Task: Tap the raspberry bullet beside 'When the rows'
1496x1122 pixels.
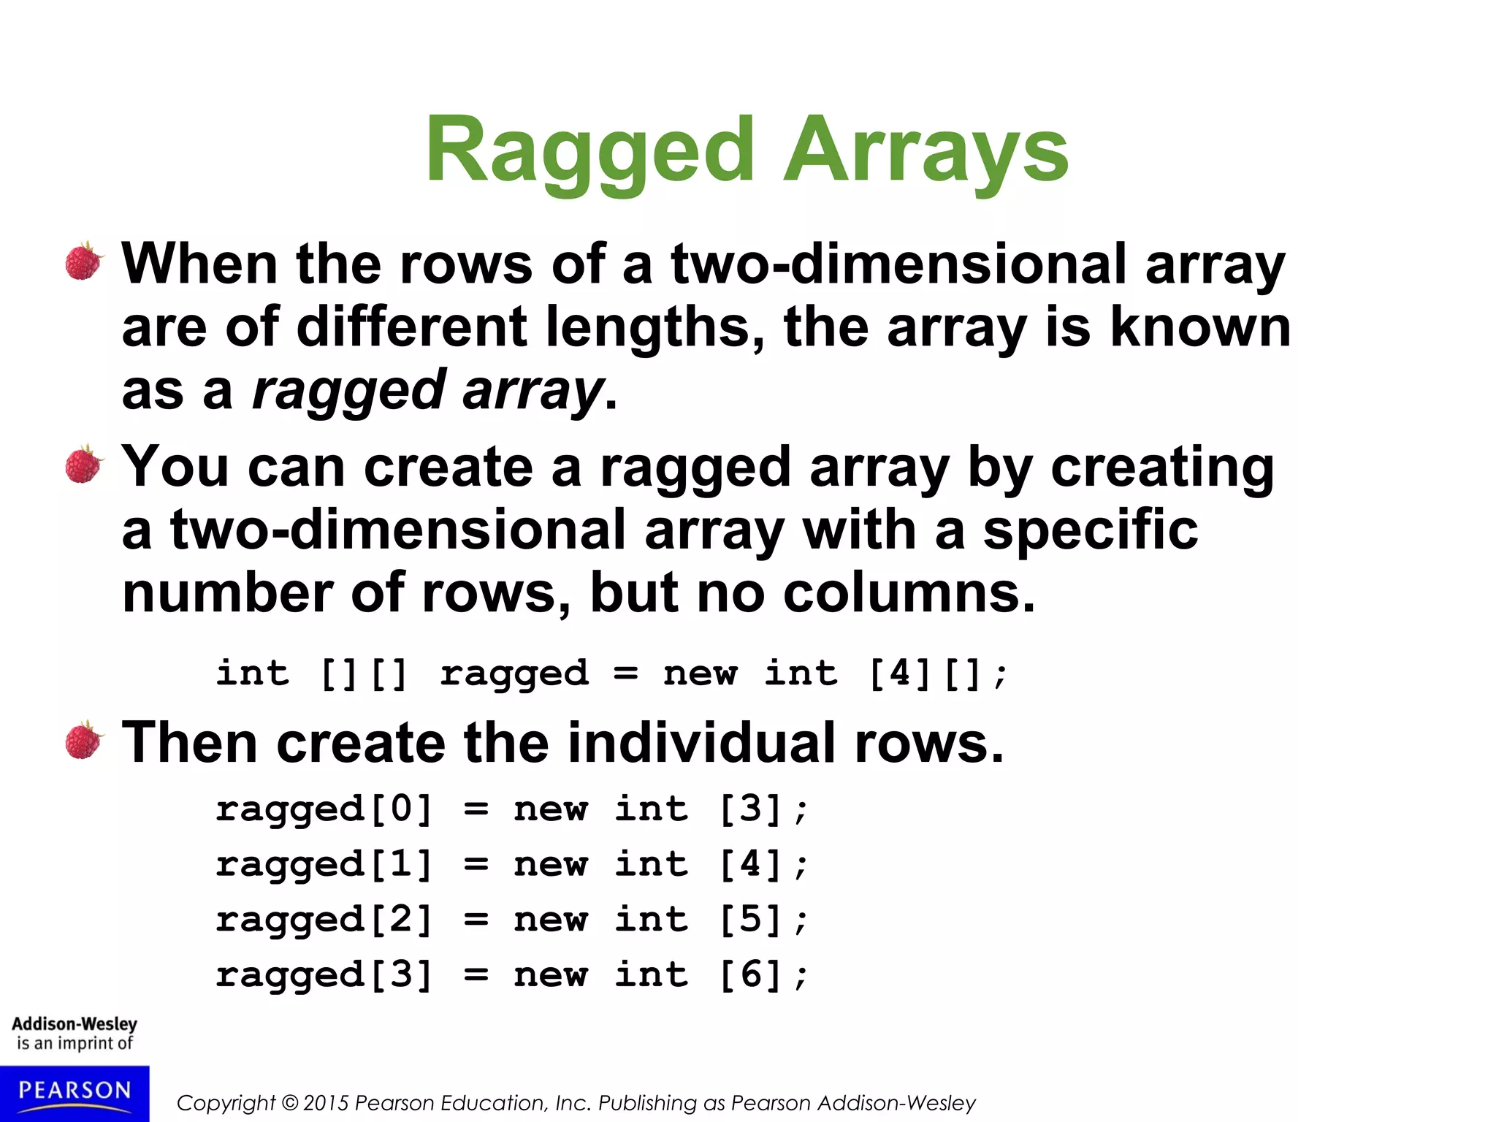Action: click(84, 262)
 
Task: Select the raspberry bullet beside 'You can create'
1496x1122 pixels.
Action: click(84, 465)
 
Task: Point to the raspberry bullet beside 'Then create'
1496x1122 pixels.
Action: click(84, 741)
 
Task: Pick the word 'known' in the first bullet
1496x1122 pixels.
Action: click(1200, 327)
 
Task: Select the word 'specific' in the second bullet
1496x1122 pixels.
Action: click(1090, 530)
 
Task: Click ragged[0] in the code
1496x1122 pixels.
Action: click(324, 809)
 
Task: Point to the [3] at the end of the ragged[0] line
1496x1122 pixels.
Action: click(751, 809)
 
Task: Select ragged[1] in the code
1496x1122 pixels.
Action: click(324, 865)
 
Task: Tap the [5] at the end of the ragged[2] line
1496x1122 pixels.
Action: click(751, 920)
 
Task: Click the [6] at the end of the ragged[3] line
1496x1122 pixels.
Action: click(751, 975)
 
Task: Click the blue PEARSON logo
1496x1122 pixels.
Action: click(75, 1092)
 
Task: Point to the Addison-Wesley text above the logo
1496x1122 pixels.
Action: click(75, 1023)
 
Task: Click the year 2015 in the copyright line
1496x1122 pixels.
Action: click(326, 1103)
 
